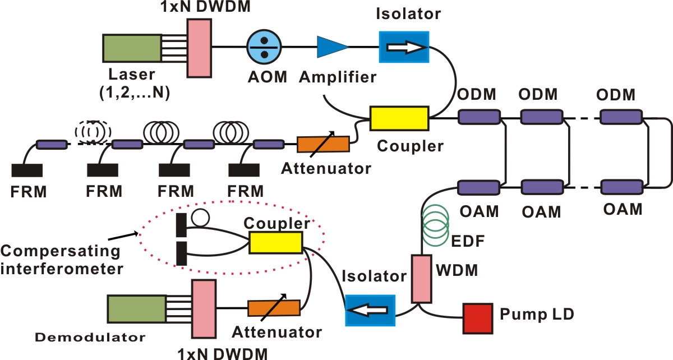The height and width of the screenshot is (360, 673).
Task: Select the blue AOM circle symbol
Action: pos(262,48)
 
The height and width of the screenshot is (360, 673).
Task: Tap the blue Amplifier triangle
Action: pos(331,47)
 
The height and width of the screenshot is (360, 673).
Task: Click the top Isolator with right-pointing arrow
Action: pos(404,48)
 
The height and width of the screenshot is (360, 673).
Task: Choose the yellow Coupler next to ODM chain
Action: pos(399,118)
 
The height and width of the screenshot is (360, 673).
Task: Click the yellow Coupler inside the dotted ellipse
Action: pos(275,243)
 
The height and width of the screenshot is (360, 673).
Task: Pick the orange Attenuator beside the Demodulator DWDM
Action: pos(274,308)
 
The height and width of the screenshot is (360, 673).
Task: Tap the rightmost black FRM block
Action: pos(243,170)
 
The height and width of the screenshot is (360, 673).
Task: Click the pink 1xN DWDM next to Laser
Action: pos(199,48)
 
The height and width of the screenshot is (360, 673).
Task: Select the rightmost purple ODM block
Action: pos(621,117)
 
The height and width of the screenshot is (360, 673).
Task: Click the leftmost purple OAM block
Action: pos(479,187)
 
